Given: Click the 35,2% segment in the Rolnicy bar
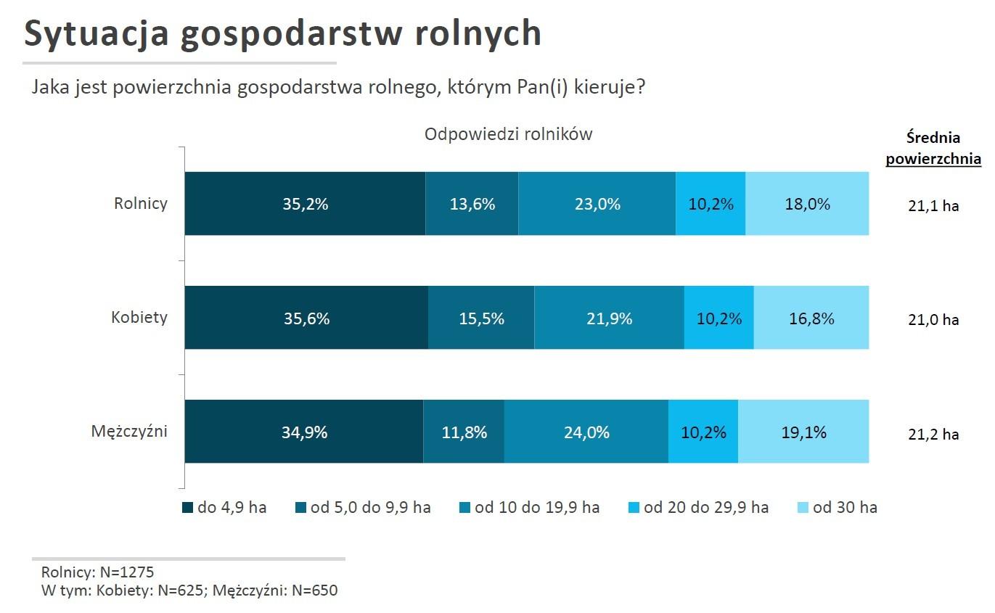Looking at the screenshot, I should pyautogui.click(x=305, y=204).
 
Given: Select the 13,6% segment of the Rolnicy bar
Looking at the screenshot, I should pyautogui.click(x=472, y=204).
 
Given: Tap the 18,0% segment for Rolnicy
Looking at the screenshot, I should pyautogui.click(x=807, y=204).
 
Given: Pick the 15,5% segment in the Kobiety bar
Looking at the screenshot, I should pyautogui.click(x=481, y=318).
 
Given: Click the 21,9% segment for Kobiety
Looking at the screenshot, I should pyautogui.click(x=609, y=318).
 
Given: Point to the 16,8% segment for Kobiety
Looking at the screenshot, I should pyautogui.click(x=811, y=318).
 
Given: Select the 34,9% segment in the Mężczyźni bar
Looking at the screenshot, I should pyautogui.click(x=304, y=432).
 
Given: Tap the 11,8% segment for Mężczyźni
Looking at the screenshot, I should pyautogui.click(x=464, y=432).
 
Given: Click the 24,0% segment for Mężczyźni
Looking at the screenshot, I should pyautogui.click(x=586, y=432).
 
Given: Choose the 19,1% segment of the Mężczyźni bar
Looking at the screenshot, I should pyautogui.click(x=803, y=432).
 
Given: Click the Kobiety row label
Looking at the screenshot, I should pyautogui.click(x=139, y=317).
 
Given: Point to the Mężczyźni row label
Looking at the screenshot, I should pyautogui.click(x=129, y=432).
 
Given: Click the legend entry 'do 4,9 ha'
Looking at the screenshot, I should pyautogui.click(x=224, y=507).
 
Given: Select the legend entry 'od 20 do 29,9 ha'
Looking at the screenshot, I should pyautogui.click(x=697, y=507).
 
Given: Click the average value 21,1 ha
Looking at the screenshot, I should pyautogui.click(x=933, y=205).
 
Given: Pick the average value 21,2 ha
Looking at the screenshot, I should pyautogui.click(x=933, y=434).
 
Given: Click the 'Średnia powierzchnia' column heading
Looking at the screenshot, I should pyautogui.click(x=933, y=148).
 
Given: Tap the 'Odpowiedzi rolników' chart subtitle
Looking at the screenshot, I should pyautogui.click(x=508, y=134).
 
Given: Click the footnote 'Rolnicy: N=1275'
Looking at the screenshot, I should pyautogui.click(x=97, y=572).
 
